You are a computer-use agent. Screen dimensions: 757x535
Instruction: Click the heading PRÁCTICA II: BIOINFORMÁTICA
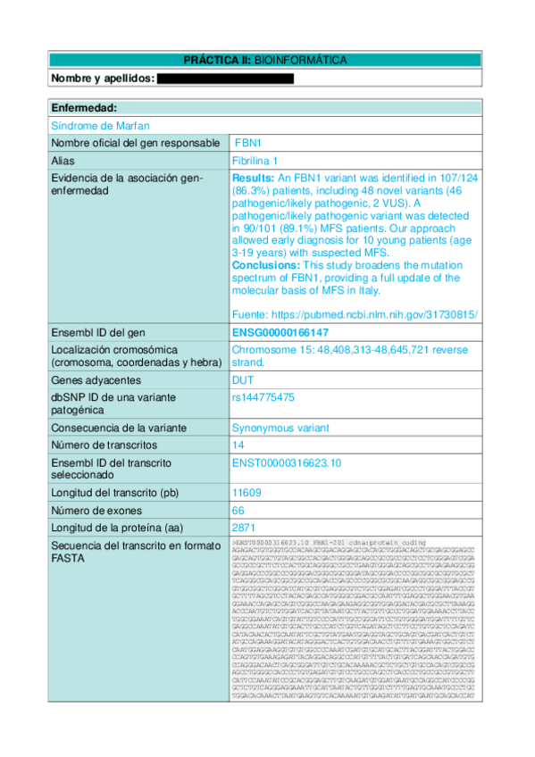(265, 61)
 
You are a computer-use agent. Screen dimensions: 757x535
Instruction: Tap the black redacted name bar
(225, 79)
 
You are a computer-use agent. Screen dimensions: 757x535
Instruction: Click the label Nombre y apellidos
(103, 79)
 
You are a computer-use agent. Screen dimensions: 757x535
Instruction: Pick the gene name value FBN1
(247, 143)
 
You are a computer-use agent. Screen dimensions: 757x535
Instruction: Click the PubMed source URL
(355, 314)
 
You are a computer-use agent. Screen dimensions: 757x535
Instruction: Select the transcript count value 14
(238, 445)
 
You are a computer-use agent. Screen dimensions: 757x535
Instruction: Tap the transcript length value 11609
(246, 492)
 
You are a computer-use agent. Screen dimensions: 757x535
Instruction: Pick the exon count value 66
(238, 510)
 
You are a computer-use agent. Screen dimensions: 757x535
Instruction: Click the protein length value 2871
(243, 527)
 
